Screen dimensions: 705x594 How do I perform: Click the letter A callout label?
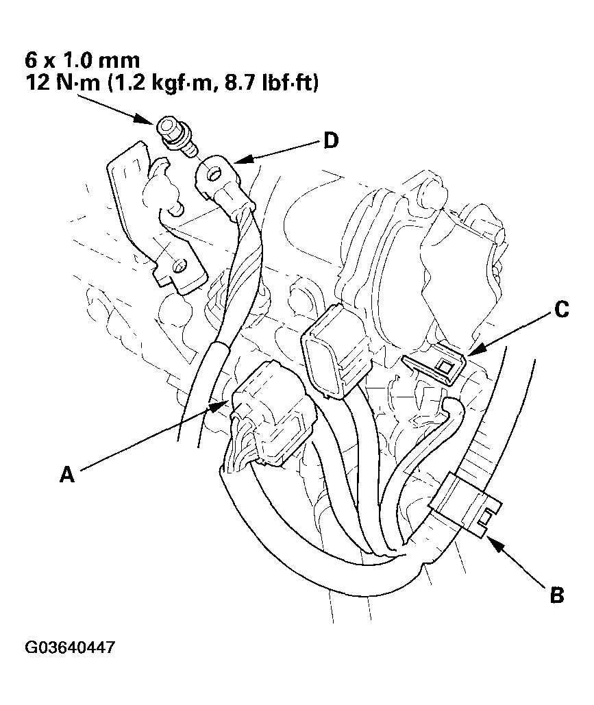(x=66, y=474)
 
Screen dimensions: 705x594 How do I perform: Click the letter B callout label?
(x=557, y=594)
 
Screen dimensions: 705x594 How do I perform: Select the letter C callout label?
(x=560, y=310)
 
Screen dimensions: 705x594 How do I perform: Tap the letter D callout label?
(x=330, y=142)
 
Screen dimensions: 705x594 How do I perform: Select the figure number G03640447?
(x=70, y=647)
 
